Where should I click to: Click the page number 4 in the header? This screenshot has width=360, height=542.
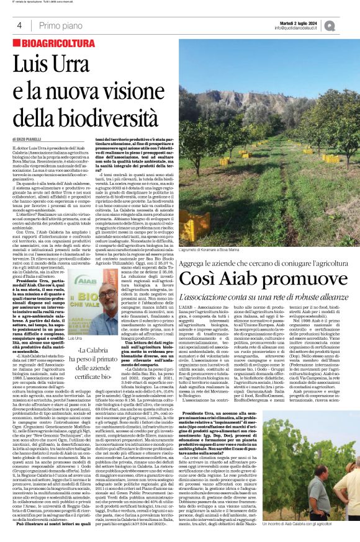coord(19,25)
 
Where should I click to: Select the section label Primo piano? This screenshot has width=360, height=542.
coord(58,25)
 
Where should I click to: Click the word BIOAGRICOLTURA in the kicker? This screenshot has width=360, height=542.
coord(49,46)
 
